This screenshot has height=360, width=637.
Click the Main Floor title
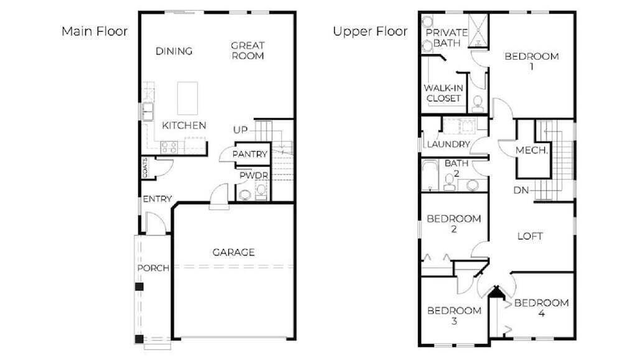pos(95,31)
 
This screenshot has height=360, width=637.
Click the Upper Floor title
pos(370,31)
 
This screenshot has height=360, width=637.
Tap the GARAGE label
pos(234,252)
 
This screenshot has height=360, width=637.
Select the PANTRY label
pos(250,154)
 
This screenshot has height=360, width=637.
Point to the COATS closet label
pos(145,168)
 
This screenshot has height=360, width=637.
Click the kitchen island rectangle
pos(188,98)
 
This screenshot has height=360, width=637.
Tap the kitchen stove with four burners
pos(169,147)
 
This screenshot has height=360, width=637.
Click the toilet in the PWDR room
pos(244,195)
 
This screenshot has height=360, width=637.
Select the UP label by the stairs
pos(240,130)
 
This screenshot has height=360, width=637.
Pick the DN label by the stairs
pos(521,190)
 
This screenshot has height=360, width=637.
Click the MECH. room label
pos(532,150)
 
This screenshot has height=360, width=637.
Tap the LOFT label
pos(530,236)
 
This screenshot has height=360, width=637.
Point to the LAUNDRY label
pos(449,144)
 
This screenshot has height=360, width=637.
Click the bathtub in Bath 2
pos(430,175)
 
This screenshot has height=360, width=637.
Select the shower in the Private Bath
pos(478,31)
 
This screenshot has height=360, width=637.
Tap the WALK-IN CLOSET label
pos(444,93)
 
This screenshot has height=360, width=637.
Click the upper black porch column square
pos(139,287)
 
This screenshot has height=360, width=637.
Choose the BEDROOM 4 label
pos(542,308)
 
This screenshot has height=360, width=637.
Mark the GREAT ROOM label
pos(248,51)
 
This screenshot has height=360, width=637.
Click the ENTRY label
pos(157,199)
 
